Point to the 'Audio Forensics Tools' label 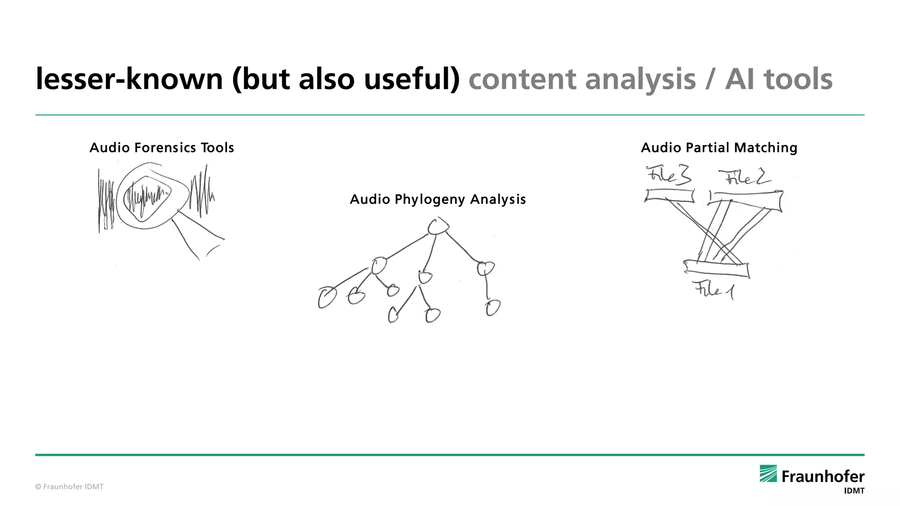(162, 148)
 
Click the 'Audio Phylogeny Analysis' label (438, 199)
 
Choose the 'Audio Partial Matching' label (719, 148)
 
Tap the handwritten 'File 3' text (668, 175)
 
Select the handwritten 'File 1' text (714, 290)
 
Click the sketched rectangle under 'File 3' (669, 195)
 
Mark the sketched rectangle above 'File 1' (716, 269)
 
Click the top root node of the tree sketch (438, 227)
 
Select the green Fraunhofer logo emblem (768, 473)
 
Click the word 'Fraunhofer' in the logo (823, 477)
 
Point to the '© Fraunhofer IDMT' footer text (69, 487)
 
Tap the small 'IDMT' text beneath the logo (854, 491)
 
